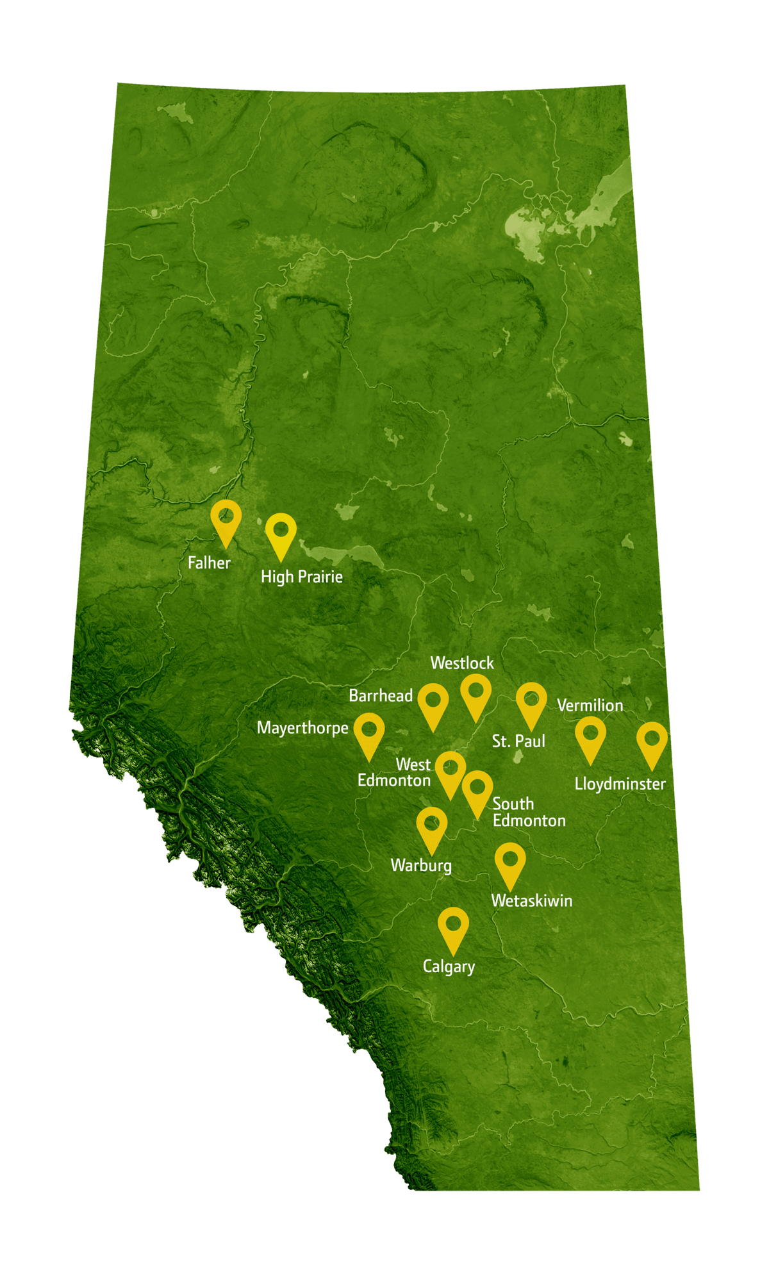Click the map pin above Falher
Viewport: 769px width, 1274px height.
point(226,520)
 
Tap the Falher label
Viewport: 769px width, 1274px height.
point(209,563)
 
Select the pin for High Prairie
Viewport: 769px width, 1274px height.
point(281,534)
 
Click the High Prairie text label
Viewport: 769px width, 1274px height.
point(301,577)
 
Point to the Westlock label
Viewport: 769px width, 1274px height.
point(462,663)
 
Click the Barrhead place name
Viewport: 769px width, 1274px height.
point(381,695)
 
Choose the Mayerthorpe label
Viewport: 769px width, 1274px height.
point(302,728)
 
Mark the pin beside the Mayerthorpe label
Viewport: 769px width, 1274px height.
point(369,733)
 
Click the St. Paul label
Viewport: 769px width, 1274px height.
point(518,741)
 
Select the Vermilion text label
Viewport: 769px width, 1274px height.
point(590,706)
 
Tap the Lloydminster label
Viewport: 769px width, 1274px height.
point(620,784)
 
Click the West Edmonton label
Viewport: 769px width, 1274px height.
point(395,773)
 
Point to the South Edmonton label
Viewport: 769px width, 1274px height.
point(529,812)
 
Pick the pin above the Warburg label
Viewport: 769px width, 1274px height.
point(431,827)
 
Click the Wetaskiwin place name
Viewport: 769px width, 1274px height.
point(532,900)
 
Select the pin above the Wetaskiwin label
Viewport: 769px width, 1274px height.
point(510,863)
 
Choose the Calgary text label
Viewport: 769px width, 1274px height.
point(449,966)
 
